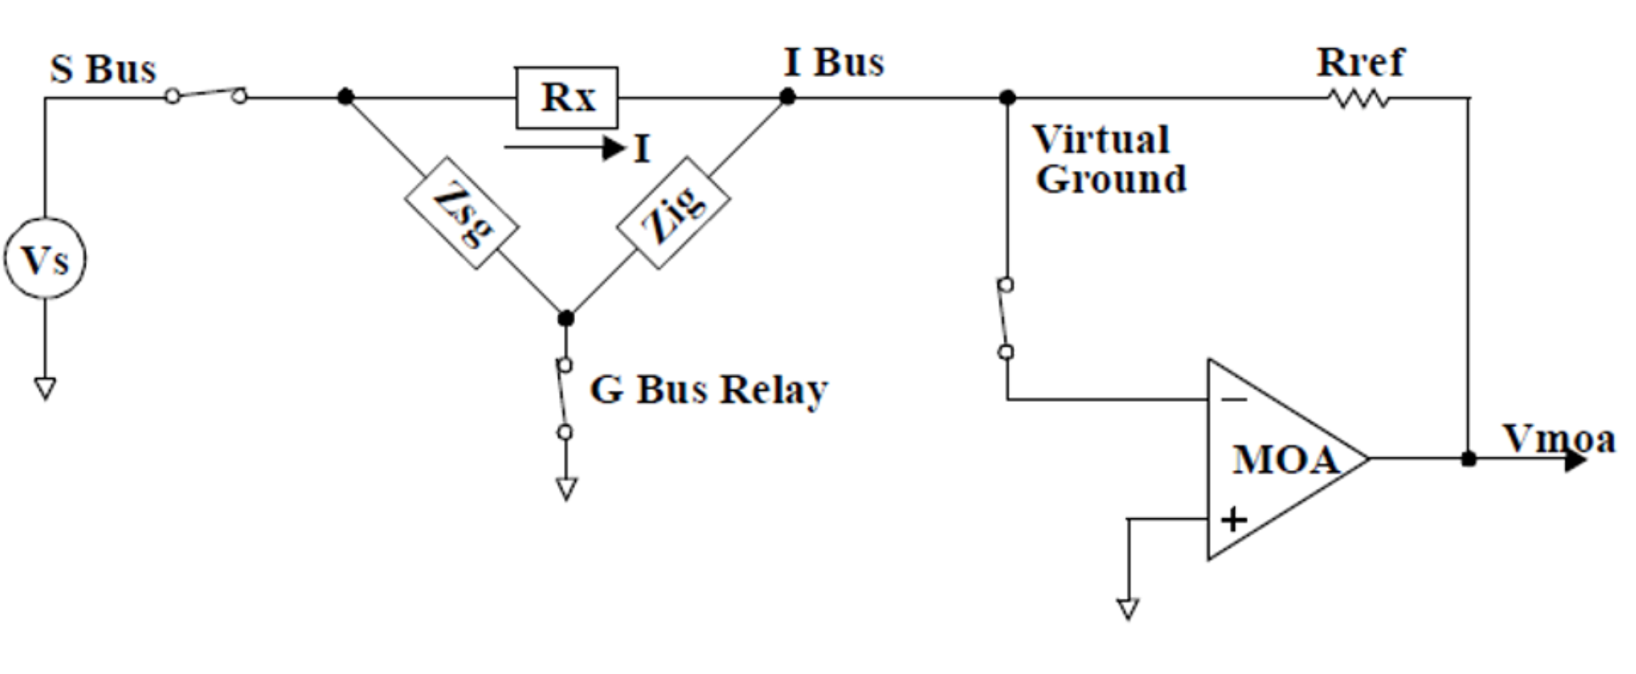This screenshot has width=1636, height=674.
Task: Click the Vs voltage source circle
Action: pyautogui.click(x=45, y=258)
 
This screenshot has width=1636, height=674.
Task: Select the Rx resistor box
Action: pyautogui.click(x=566, y=98)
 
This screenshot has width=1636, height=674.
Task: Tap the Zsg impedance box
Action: pyautogui.click(x=460, y=213)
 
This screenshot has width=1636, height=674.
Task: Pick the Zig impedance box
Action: pyautogui.click(x=673, y=213)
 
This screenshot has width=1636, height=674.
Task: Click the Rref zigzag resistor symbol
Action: pyautogui.click(x=1359, y=99)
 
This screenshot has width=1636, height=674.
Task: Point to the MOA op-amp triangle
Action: pyautogui.click(x=1283, y=459)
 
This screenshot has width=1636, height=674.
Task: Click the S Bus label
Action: pyautogui.click(x=103, y=69)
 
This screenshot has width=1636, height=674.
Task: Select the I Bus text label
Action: pyautogui.click(x=833, y=63)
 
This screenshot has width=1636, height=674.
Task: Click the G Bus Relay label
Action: pyautogui.click(x=708, y=390)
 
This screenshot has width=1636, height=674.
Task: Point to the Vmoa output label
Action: pyautogui.click(x=1559, y=440)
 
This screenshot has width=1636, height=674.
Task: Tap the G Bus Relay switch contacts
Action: pyautogui.click(x=565, y=399)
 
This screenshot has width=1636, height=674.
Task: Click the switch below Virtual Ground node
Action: pyautogui.click(x=1006, y=319)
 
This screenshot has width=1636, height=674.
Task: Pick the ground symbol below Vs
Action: pyautogui.click(x=45, y=388)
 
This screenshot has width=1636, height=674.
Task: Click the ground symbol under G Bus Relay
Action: pyautogui.click(x=566, y=488)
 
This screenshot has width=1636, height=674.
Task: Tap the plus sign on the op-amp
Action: pyautogui.click(x=1233, y=520)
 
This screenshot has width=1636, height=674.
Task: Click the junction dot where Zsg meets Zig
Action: pyautogui.click(x=566, y=318)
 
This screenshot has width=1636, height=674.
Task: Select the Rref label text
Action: pyautogui.click(x=1360, y=63)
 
